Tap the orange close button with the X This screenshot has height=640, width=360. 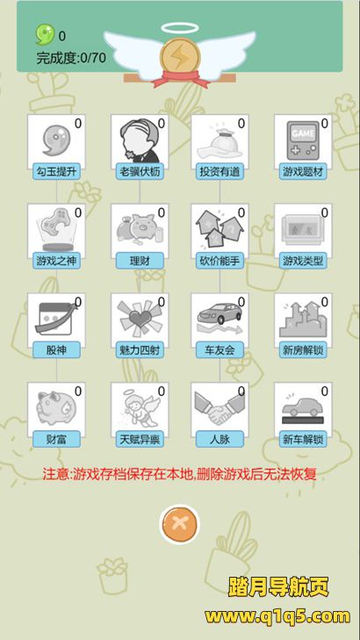point(179,524)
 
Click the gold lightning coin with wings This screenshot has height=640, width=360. point(180,58)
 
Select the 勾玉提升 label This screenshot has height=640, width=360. point(56,172)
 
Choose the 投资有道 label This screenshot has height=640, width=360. point(220,172)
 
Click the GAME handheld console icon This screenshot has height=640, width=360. point(303,140)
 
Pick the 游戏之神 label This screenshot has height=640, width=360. point(56,261)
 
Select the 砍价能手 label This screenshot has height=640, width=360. point(220,261)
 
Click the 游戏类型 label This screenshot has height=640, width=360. point(303,261)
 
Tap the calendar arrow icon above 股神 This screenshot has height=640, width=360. point(55,319)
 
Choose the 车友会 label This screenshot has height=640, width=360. point(220,349)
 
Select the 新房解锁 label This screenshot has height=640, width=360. point(303,349)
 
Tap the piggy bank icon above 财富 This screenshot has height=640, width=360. point(55,408)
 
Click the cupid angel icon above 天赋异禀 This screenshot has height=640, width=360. point(140,408)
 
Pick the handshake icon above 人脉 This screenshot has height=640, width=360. point(220,408)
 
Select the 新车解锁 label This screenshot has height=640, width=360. point(303,440)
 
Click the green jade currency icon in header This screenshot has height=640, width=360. point(45,35)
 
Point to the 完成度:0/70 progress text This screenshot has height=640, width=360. point(71,58)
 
